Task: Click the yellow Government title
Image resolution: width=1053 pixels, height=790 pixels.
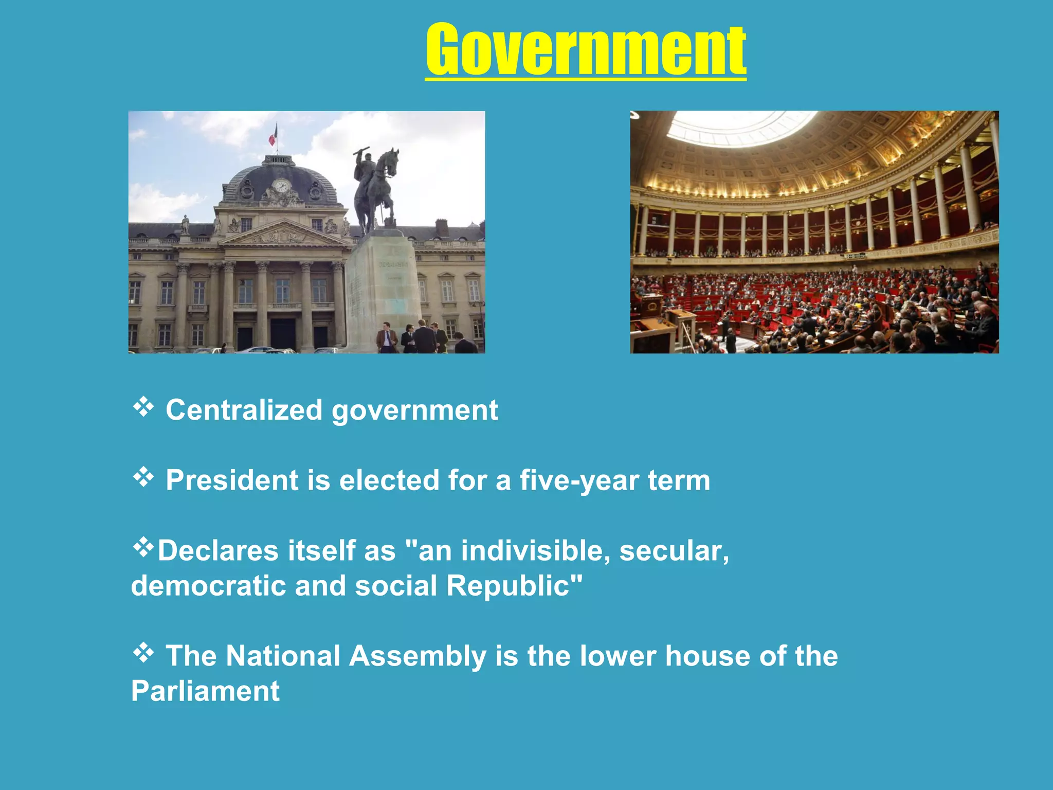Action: pyautogui.click(x=586, y=50)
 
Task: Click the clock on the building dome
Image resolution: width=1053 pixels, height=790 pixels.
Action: pyautogui.click(x=281, y=186)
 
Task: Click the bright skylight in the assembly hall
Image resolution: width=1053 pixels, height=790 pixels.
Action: pyautogui.click(x=740, y=126)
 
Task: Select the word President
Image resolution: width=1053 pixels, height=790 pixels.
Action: pyautogui.click(x=232, y=480)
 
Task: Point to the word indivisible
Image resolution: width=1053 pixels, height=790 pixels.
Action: pyautogui.click(x=535, y=550)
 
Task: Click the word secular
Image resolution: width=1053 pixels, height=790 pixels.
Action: pyautogui.click(x=674, y=550)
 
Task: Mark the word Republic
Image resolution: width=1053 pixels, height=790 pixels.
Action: pyautogui.click(x=514, y=586)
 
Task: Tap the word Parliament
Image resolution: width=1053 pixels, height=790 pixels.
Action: pyautogui.click(x=205, y=691)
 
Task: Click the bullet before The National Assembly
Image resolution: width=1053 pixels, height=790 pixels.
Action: pyautogui.click(x=143, y=653)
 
